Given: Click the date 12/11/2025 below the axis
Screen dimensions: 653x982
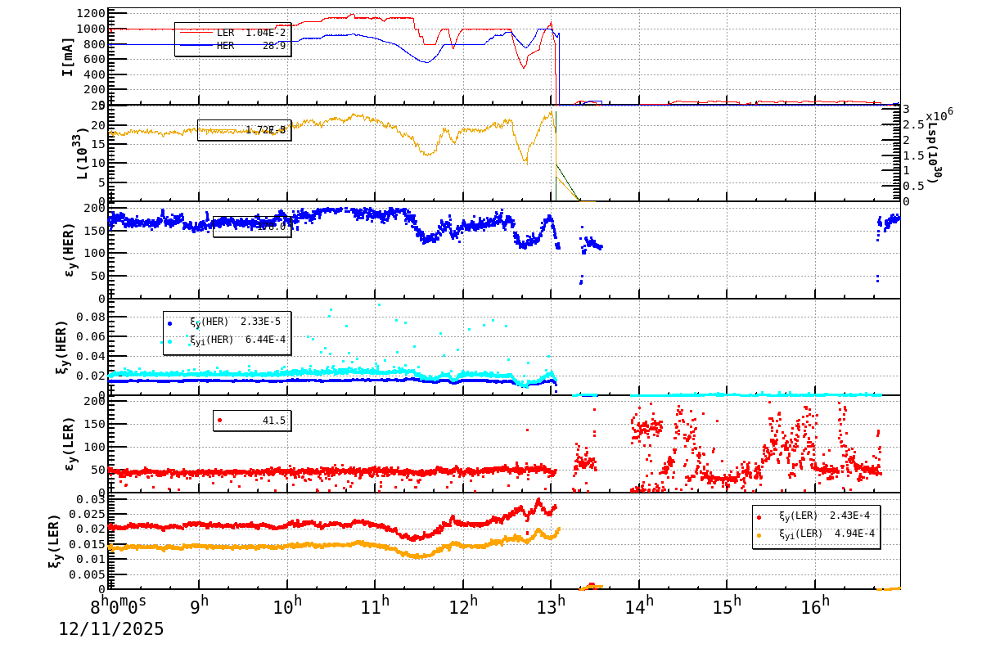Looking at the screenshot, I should pyautogui.click(x=111, y=628).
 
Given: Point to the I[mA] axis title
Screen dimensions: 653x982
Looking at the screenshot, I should pyautogui.click(x=69, y=56).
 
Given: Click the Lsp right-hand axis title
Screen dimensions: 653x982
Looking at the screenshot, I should pyautogui.click(x=933, y=159).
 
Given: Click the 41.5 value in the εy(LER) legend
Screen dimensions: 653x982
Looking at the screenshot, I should pyautogui.click(x=273, y=420).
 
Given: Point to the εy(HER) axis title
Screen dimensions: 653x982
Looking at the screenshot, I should pyautogui.click(x=69, y=250).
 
